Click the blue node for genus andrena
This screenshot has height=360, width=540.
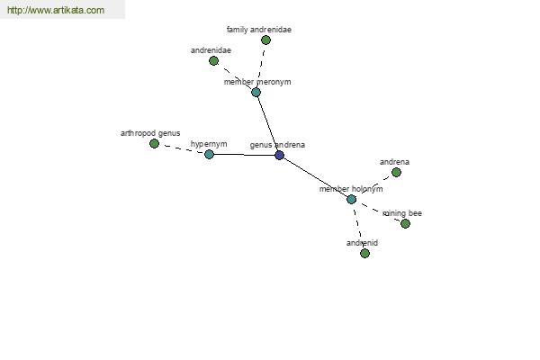(x=280, y=155)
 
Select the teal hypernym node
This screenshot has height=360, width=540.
(x=209, y=154)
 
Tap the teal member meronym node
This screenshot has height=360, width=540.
(x=256, y=92)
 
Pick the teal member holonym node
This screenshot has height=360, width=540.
(x=351, y=199)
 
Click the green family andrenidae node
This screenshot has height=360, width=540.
(x=265, y=40)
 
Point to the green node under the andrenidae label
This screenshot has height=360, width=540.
(x=213, y=61)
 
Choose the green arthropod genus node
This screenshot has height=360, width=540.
(x=154, y=143)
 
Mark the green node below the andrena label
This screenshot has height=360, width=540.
(x=396, y=172)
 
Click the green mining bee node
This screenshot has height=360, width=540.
(x=405, y=223)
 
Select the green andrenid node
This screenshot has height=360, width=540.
(x=364, y=253)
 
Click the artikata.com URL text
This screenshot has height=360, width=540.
(x=56, y=10)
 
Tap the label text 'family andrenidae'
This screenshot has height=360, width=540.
(x=259, y=30)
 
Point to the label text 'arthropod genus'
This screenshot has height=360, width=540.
(x=150, y=133)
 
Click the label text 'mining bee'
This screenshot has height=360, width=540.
(x=402, y=213)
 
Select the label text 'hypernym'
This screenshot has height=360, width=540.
(x=209, y=144)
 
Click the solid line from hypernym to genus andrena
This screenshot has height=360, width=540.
(x=245, y=155)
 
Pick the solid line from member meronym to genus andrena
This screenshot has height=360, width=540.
(x=267, y=123)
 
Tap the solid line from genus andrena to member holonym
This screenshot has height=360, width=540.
(x=316, y=177)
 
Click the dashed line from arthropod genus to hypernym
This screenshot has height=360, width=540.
(x=182, y=148)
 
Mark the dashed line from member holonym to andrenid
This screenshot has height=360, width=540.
(x=358, y=226)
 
